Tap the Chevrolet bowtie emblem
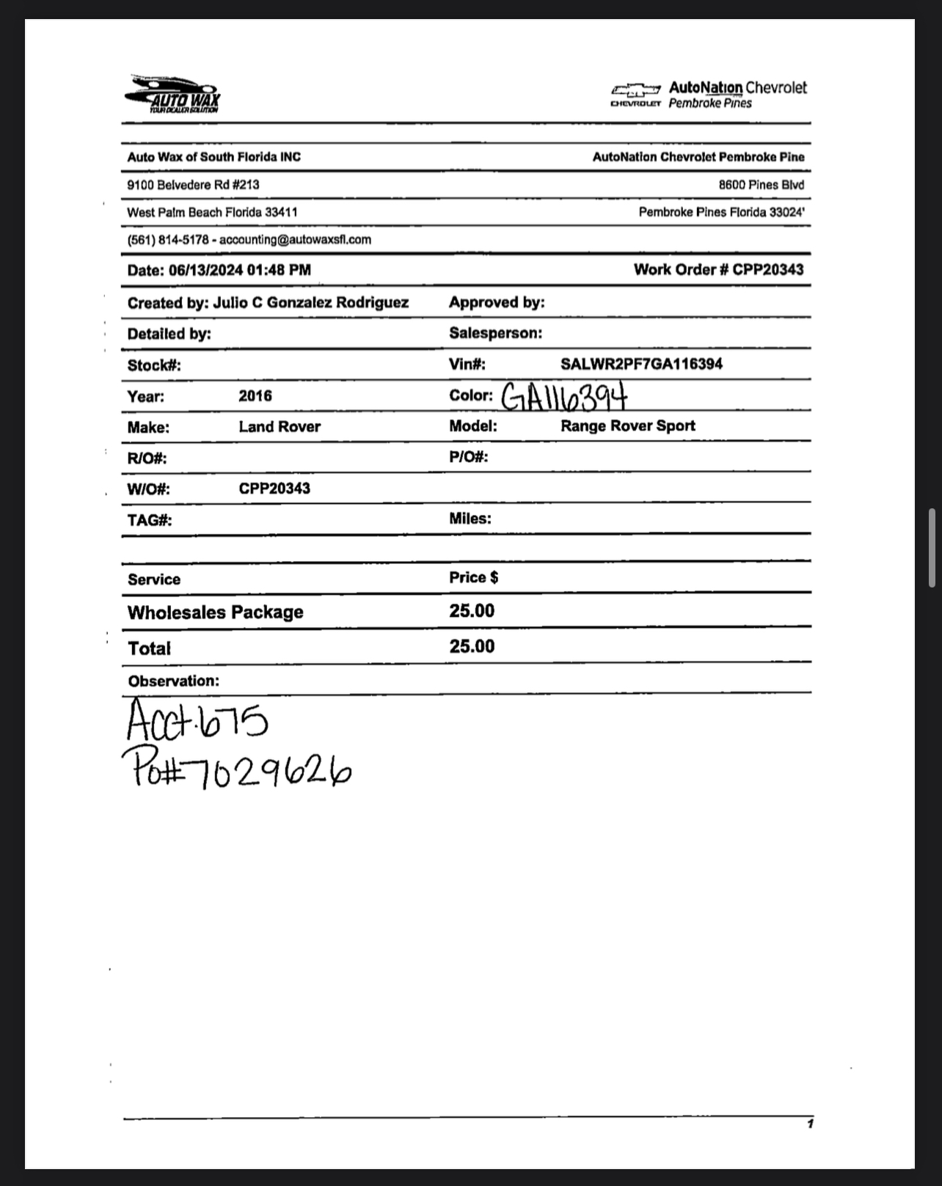635,90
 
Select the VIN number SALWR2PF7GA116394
641,364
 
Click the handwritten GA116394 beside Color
564,398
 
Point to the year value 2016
255,396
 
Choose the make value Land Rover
280,427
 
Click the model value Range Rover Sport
628,426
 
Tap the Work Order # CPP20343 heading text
718,270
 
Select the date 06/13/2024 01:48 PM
240,271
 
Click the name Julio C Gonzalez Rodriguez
310,302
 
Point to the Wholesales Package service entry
215,612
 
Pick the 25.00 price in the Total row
472,646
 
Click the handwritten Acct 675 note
197,720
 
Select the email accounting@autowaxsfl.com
295,240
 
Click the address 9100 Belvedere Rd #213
193,185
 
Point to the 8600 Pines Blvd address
761,185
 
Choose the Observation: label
173,681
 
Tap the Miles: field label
470,519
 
